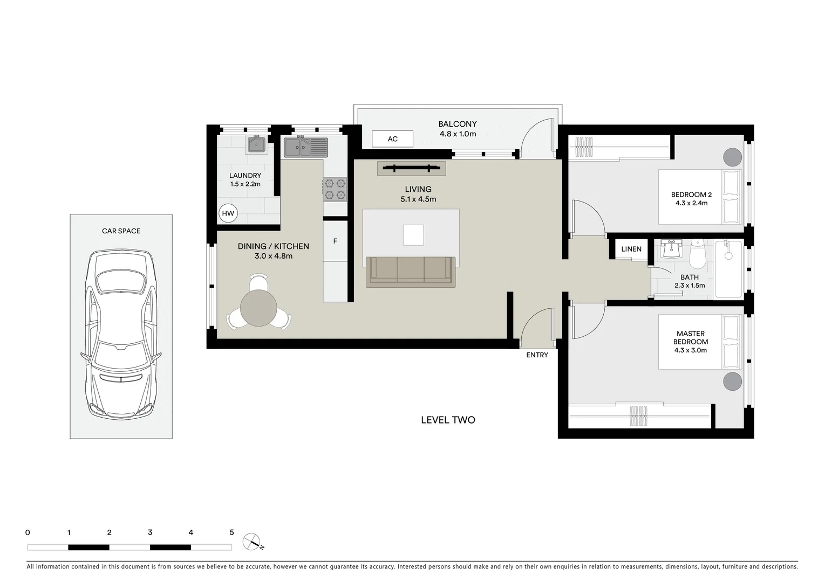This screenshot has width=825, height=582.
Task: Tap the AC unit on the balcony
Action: (x=393, y=139)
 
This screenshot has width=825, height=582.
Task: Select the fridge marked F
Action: (x=335, y=241)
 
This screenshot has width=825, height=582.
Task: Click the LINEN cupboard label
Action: (x=631, y=249)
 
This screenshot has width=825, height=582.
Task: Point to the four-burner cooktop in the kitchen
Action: (x=335, y=189)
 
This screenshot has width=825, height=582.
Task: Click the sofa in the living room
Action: (x=410, y=271)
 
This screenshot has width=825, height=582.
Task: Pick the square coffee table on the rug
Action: (x=413, y=234)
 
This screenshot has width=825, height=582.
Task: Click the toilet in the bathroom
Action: (x=697, y=256)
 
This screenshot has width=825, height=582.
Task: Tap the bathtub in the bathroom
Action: (x=728, y=269)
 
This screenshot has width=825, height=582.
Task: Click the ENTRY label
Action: (x=537, y=355)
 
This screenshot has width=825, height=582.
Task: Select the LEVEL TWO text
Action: (x=448, y=420)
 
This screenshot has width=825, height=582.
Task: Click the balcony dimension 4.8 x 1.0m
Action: (x=457, y=134)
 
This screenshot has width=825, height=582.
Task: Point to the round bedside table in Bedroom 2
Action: (x=732, y=157)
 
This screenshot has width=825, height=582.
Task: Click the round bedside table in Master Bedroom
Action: (x=732, y=381)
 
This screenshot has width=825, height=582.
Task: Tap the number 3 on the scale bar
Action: (x=150, y=532)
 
